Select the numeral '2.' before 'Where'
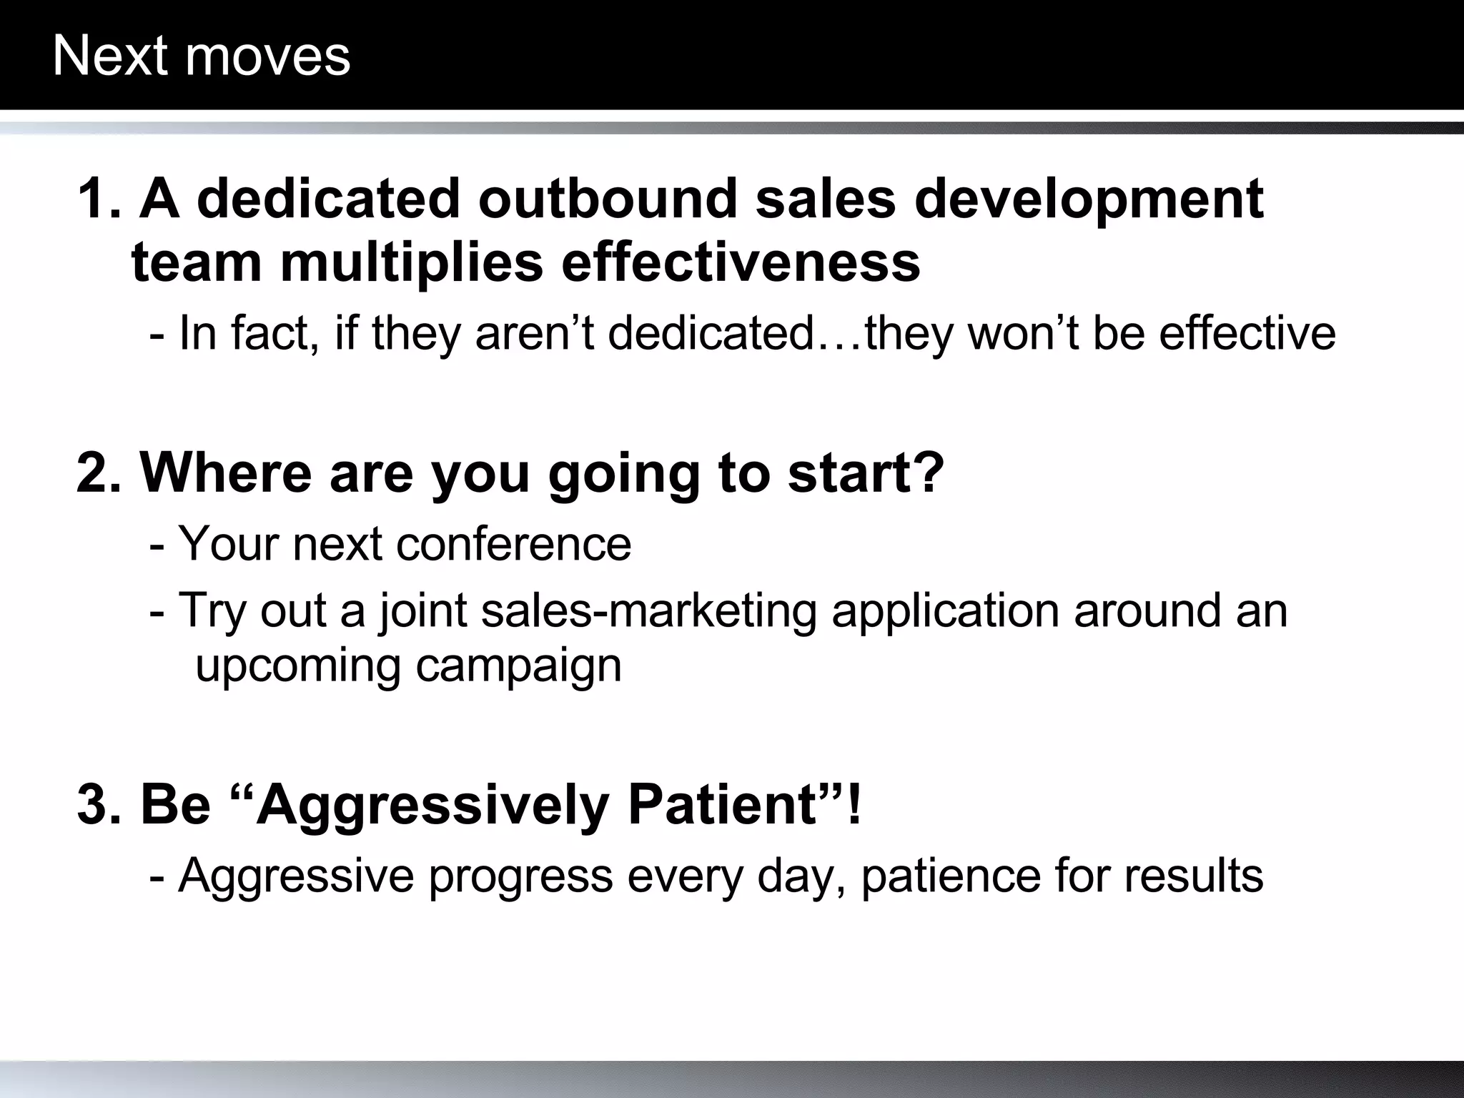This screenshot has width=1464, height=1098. (101, 473)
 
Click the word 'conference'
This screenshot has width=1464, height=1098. (513, 544)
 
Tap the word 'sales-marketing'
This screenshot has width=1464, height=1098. (648, 611)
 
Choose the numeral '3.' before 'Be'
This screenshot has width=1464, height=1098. (101, 805)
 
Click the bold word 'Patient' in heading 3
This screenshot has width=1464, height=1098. (723, 805)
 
